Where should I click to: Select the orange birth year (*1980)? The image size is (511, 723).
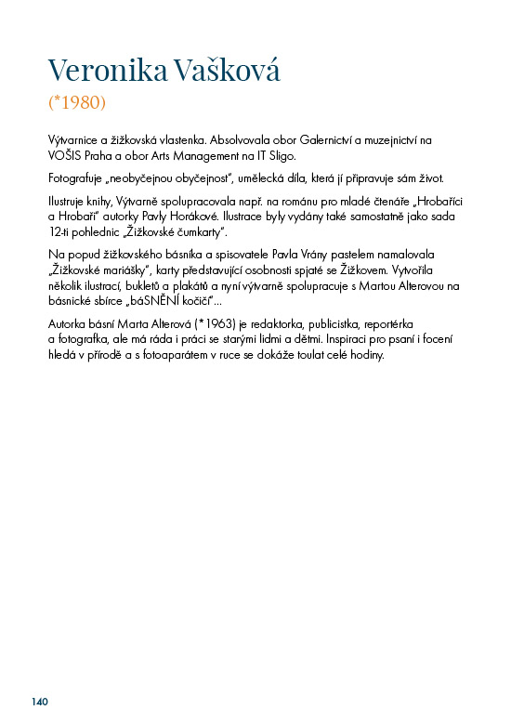[x=77, y=100]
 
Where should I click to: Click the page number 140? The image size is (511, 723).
[x=39, y=701]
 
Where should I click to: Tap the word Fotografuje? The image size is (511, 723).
[x=76, y=177]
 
